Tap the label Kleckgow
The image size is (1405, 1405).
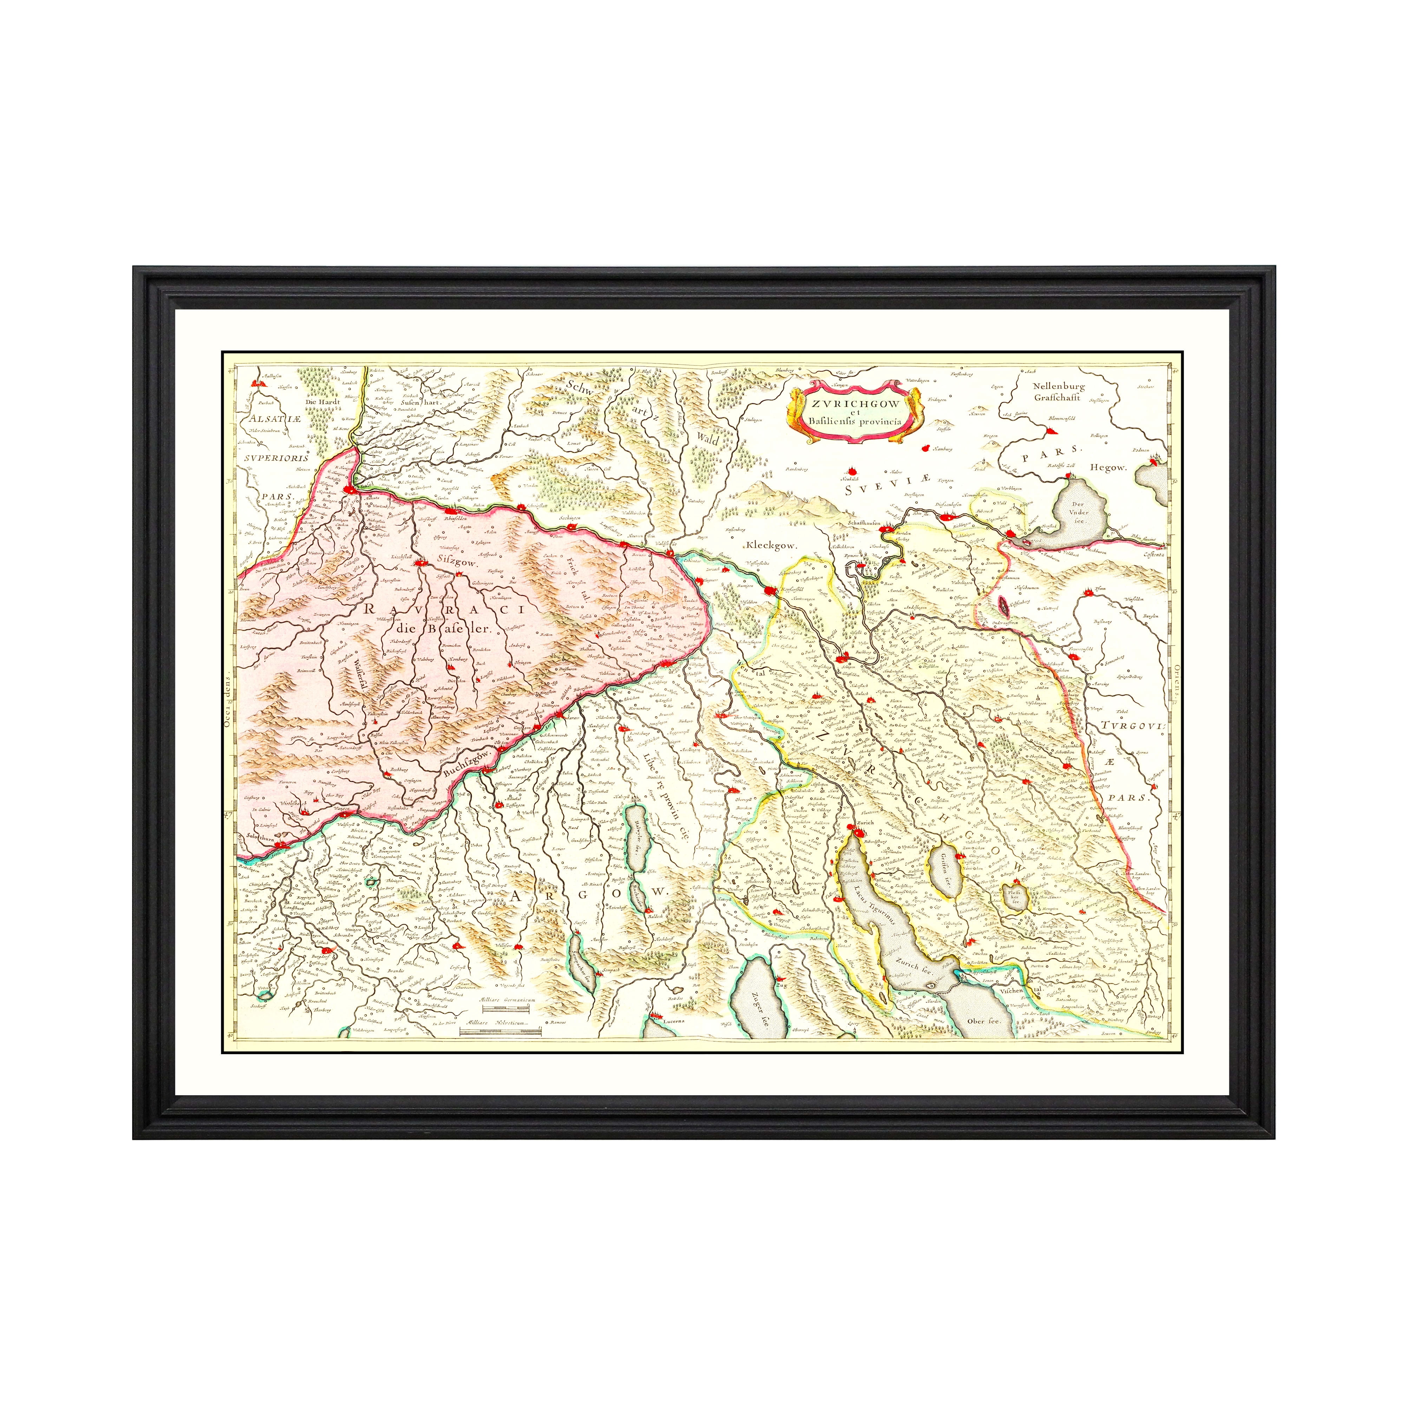771,545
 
